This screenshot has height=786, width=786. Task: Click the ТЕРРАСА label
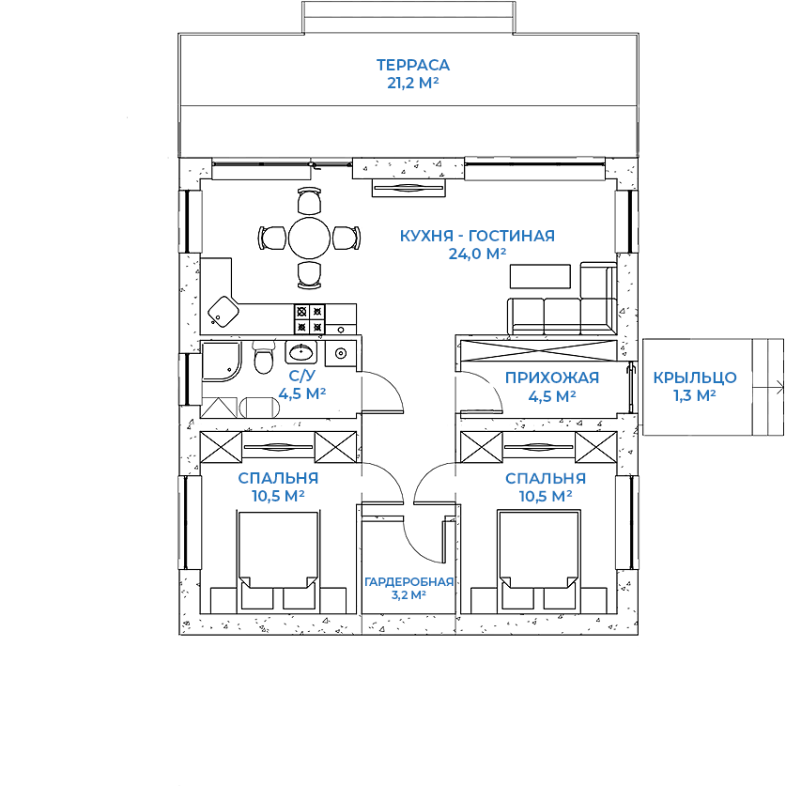[x=413, y=65]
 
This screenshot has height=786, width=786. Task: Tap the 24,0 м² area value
[x=477, y=254]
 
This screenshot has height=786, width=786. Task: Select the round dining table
[x=309, y=239]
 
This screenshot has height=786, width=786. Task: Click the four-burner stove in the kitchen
[x=309, y=319]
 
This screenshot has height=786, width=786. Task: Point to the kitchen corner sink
[x=223, y=311]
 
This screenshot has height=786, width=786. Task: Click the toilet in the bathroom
[x=264, y=357]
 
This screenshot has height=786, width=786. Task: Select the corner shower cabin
[x=221, y=361]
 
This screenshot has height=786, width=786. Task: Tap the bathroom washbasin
[x=301, y=352]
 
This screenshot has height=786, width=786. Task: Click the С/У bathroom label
[x=302, y=376]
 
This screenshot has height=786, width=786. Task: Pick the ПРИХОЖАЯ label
[x=552, y=378]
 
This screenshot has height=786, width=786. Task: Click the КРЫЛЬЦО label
[x=695, y=378]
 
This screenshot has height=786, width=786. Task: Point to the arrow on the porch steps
[x=767, y=387]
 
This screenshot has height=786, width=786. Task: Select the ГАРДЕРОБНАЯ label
[x=408, y=582]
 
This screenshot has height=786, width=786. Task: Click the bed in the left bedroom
[x=278, y=549]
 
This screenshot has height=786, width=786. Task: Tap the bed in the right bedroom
[x=539, y=549]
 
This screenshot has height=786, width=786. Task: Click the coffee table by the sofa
[x=540, y=276]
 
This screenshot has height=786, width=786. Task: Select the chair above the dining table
[x=309, y=201]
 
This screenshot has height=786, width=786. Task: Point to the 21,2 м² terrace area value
[x=412, y=83]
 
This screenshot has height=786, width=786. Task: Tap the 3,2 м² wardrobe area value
[x=408, y=595]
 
